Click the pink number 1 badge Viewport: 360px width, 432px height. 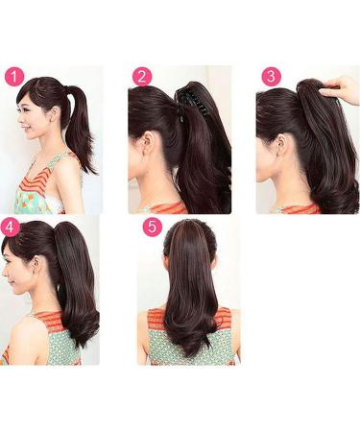click(x=14, y=76)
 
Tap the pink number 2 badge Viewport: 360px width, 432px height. click(x=142, y=77)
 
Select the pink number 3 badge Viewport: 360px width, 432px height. click(x=271, y=77)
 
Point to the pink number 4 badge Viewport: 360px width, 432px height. click(x=11, y=228)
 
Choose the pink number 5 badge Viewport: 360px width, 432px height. click(x=151, y=228)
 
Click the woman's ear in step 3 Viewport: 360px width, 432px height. click(x=278, y=145)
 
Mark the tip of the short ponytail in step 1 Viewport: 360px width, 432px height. click(x=91, y=170)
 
